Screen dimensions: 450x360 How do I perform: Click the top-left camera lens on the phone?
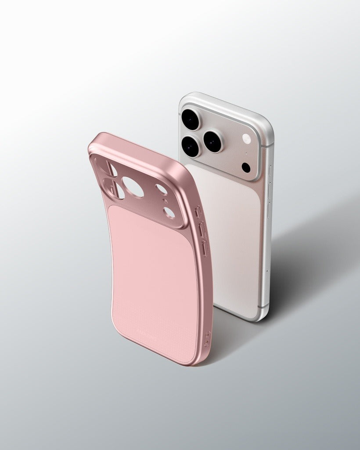(191, 119)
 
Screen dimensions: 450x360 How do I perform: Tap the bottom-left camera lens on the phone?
(191, 145)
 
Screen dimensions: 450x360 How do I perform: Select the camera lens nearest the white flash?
(214, 141)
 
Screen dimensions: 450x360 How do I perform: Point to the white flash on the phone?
(247, 139)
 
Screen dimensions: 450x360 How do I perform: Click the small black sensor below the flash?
(246, 167)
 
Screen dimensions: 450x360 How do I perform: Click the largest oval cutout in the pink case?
(133, 187)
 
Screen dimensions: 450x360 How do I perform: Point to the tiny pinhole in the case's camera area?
(165, 201)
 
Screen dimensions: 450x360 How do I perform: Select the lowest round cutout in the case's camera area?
(169, 213)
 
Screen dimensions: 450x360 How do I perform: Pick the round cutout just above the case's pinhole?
(162, 189)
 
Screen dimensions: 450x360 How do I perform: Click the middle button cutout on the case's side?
(201, 229)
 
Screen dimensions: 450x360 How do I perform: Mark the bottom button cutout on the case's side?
(204, 247)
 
